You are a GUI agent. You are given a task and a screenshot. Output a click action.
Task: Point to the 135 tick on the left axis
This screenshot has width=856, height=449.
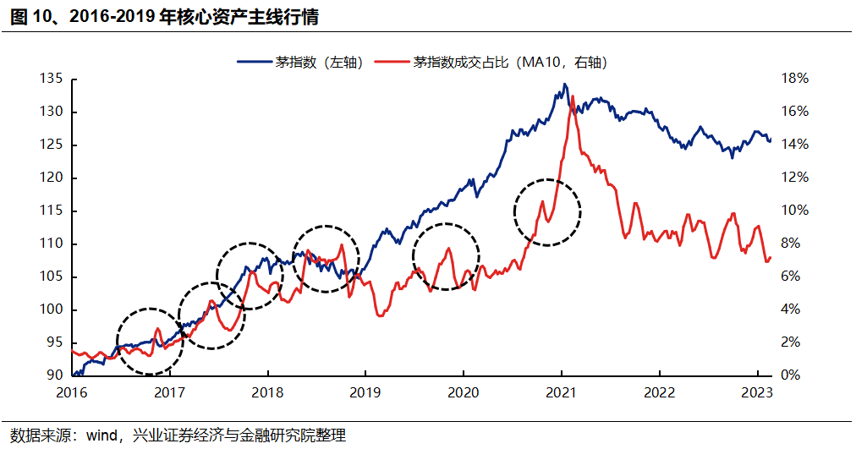pyautogui.click(x=52, y=79)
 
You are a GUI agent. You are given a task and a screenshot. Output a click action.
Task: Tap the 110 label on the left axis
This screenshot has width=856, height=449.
pyautogui.click(x=52, y=244)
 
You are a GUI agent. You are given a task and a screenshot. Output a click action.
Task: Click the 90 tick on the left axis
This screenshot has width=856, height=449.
pyautogui.click(x=55, y=375)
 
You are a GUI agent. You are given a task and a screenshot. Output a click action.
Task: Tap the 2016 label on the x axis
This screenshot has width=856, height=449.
pyautogui.click(x=73, y=392)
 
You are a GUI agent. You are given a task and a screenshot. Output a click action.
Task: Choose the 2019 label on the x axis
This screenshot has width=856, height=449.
pyautogui.click(x=365, y=392)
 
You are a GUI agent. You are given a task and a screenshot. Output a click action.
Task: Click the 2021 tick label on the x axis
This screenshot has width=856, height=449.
pyautogui.click(x=561, y=392)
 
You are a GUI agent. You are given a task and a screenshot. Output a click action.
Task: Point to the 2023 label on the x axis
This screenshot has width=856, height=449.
pyautogui.click(x=756, y=392)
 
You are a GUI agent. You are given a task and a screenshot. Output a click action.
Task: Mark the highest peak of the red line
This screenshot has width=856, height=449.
pyautogui.click(x=573, y=96)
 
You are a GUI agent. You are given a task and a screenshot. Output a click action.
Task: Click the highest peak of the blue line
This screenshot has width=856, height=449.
pyautogui.click(x=563, y=84)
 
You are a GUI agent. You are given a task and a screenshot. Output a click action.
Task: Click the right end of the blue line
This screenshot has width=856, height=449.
pyautogui.click(x=771, y=140)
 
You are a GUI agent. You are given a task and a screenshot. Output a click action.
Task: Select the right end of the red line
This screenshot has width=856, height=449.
pyautogui.click(x=771, y=258)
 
